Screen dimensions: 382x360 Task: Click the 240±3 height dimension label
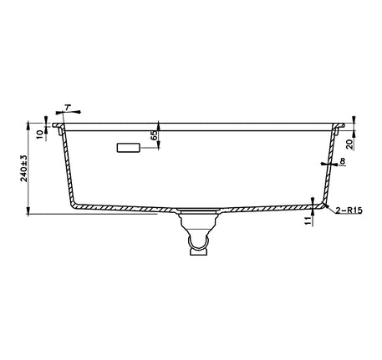[x=24, y=168]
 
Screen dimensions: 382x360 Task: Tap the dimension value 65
[x=154, y=135]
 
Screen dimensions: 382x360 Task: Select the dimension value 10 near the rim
[x=40, y=134]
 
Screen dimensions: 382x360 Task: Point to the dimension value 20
[x=349, y=144]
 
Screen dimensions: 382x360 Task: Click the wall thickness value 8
[x=343, y=160]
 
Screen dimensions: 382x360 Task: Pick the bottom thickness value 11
[x=308, y=221]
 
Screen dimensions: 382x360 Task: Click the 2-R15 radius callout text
[x=349, y=210]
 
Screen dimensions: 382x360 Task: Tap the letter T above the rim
[x=67, y=107]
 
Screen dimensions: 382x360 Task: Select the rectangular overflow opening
[x=128, y=148]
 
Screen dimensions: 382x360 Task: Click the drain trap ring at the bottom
[x=198, y=243]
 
